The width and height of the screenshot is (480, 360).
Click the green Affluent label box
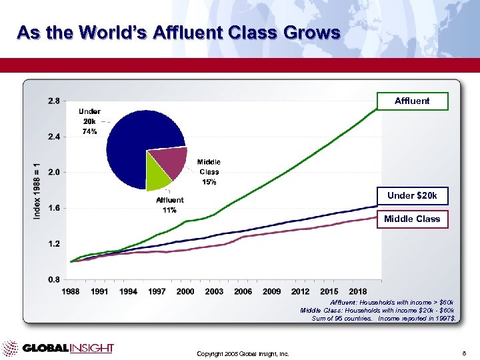412,101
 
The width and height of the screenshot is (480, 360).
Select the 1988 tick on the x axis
71,291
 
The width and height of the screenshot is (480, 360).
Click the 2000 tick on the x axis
185,291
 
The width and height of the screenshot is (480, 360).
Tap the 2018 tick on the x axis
357,291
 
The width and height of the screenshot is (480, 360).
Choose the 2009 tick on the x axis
271,291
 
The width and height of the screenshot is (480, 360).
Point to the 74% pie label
89,132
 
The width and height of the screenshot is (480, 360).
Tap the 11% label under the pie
169,211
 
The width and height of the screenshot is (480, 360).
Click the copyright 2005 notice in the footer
243,353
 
